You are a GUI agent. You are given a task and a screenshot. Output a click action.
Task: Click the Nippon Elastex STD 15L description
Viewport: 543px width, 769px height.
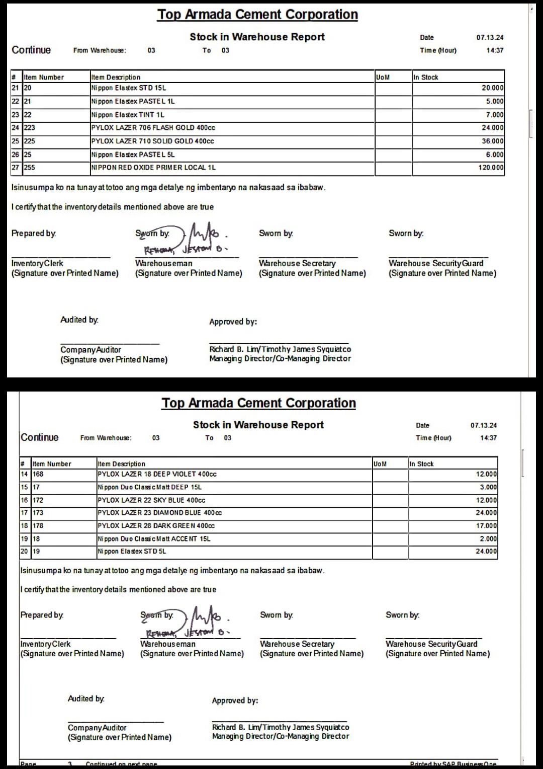pos(129,88)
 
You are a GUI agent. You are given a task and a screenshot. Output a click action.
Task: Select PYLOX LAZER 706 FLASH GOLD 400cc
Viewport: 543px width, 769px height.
pos(153,128)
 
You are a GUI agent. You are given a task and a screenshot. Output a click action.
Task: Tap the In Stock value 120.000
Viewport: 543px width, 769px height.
pos(491,168)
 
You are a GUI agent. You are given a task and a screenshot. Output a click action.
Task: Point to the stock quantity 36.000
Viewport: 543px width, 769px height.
pos(492,141)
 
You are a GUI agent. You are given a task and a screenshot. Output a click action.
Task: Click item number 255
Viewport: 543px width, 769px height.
pos(30,168)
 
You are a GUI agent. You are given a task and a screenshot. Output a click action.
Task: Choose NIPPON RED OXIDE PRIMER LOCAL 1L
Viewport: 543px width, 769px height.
pos(153,168)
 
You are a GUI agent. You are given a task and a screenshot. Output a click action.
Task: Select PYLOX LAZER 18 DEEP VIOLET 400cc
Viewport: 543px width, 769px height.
pos(157,474)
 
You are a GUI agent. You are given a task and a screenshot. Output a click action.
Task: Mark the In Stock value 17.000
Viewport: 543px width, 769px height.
pos(486,526)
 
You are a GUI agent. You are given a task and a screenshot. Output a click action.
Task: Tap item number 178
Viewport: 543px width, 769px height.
pos(38,526)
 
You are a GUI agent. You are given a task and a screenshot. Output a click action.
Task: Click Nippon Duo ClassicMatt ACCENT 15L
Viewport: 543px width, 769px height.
pos(154,539)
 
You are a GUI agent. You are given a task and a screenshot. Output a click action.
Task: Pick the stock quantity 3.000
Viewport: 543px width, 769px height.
pos(488,487)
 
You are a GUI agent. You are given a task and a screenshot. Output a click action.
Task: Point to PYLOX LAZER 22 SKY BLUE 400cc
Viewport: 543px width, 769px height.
pos(151,500)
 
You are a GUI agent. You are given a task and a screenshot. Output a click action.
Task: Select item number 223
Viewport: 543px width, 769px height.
pos(30,128)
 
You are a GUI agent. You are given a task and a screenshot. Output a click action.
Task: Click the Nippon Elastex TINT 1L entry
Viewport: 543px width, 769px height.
pos(128,115)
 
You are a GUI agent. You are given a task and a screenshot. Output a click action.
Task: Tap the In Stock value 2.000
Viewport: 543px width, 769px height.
pos(488,539)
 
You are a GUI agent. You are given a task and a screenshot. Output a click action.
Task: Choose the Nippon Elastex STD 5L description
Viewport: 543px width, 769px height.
pos(132,552)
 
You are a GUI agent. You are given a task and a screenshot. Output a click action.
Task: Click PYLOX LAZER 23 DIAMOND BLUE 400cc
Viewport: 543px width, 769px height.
pos(159,513)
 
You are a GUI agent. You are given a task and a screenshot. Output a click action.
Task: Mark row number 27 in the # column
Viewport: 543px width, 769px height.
pos(16,168)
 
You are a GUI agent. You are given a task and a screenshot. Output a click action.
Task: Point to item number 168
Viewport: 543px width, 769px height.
pos(38,474)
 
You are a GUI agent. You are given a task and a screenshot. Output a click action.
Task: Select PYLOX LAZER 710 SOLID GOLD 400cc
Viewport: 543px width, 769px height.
pos(152,141)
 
